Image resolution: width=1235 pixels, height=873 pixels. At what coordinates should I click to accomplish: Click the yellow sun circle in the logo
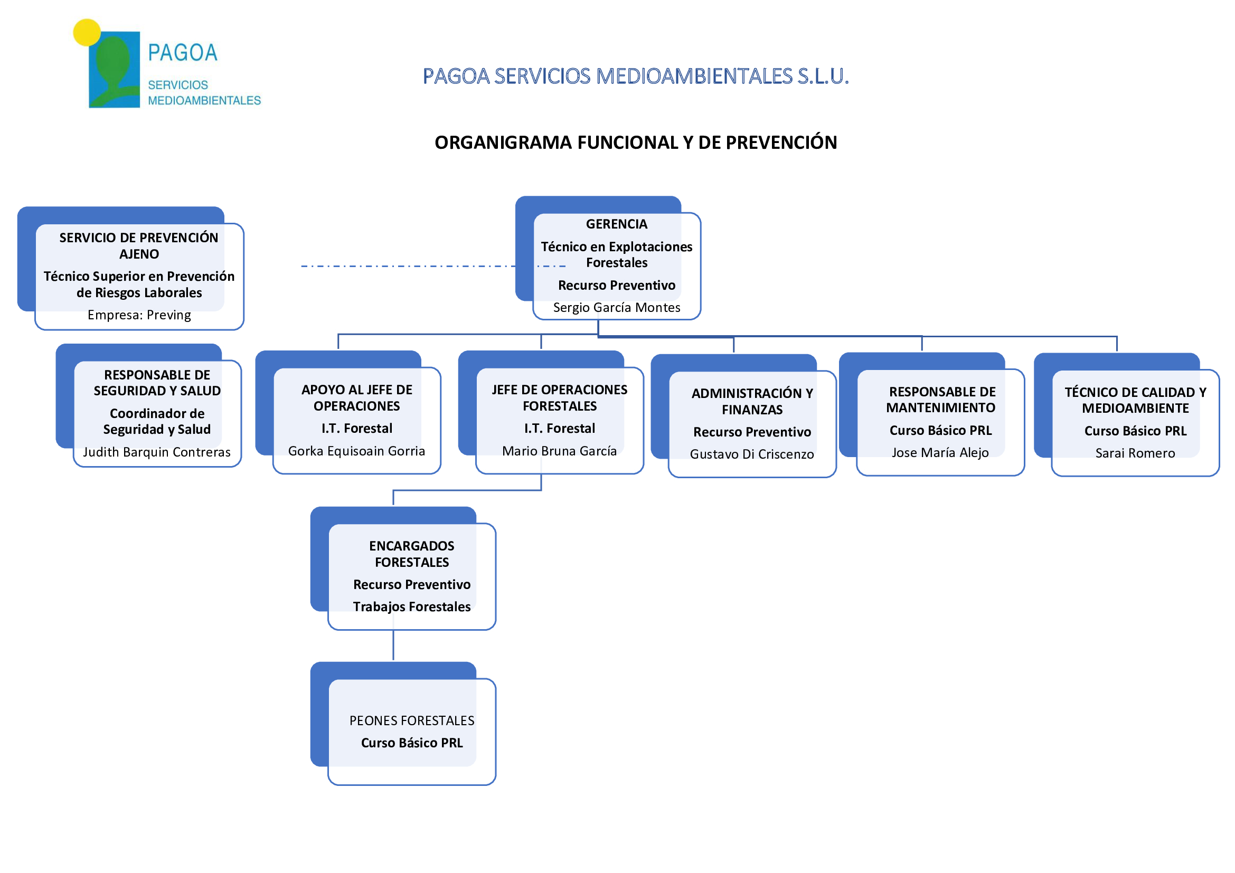pos(87,33)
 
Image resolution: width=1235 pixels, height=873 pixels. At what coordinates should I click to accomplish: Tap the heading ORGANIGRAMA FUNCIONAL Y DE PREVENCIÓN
pos(636,143)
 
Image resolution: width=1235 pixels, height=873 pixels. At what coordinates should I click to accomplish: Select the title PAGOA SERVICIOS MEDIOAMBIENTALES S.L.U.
pos(636,77)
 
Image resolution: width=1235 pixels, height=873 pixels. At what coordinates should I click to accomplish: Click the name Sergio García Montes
pos(617,308)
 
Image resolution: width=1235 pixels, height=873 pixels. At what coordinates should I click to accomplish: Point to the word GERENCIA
pos(617,224)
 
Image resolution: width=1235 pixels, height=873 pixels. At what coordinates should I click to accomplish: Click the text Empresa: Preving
pos(139,315)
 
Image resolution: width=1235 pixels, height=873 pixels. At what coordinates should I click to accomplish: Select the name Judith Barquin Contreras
pos(157,452)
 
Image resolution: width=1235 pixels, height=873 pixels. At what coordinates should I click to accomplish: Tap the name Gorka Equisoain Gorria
pos(356,451)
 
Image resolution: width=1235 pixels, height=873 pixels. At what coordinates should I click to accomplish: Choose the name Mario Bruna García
pos(559,451)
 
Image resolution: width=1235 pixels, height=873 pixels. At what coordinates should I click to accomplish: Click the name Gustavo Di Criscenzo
pos(752,454)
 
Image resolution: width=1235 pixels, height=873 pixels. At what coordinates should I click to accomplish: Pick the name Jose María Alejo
pos(940,453)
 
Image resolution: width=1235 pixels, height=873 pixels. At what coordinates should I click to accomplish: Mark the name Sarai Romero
pos(1135,453)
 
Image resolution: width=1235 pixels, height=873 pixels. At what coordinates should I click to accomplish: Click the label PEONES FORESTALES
pos(412,721)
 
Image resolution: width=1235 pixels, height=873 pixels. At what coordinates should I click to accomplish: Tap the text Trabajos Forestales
pos(412,607)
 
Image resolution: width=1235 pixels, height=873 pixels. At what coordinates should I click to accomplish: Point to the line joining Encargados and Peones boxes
pos(393,645)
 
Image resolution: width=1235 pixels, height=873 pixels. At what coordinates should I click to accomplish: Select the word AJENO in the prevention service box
pos(139,254)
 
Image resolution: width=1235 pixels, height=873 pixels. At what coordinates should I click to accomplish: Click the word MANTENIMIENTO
pos(941,408)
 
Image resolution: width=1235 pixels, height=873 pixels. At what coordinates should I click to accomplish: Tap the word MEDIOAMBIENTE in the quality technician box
pos(1136,409)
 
